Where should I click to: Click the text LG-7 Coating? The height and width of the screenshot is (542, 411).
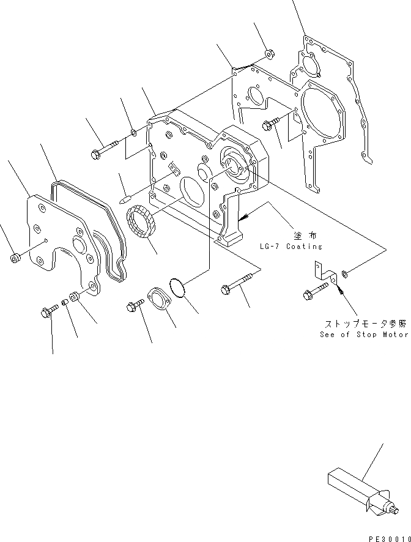[291, 247]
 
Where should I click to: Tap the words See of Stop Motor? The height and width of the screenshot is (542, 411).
[363, 335]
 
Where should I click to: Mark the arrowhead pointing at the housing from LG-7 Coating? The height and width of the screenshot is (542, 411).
[243, 217]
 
